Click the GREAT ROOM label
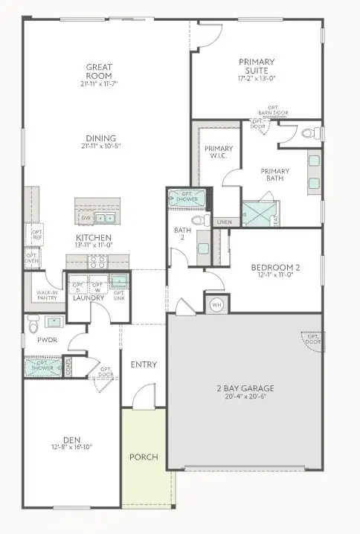click(x=98, y=71)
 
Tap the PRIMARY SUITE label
click(x=257, y=66)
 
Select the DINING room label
click(x=100, y=138)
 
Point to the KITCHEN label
click(x=94, y=239)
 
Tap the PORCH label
click(x=144, y=457)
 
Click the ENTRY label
click(x=143, y=364)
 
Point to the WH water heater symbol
click(x=217, y=304)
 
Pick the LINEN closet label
click(x=222, y=222)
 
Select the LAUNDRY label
click(x=89, y=298)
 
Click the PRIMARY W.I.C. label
click(x=219, y=152)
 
